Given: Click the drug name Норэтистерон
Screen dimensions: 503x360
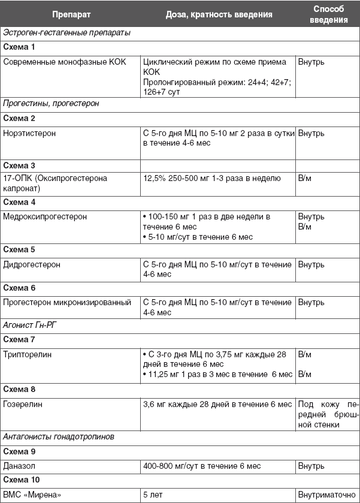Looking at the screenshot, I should (x=29, y=133).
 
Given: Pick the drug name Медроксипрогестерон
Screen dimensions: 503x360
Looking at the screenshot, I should (x=45, y=216).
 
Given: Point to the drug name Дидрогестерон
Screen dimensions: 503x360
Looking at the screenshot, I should (x=32, y=264).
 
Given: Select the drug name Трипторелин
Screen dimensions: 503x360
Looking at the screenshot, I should (x=28, y=354).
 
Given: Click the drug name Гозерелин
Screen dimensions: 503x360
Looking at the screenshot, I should (x=23, y=404).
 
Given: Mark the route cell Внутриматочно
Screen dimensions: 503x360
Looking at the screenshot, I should (x=327, y=495).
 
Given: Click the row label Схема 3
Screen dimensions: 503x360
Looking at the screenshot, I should (x=19, y=165).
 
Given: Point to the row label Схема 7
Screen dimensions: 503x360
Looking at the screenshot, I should (x=19, y=339).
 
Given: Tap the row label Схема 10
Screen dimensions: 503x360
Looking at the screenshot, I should (x=22, y=480).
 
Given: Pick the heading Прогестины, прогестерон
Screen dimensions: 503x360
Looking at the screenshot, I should (x=51, y=103).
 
